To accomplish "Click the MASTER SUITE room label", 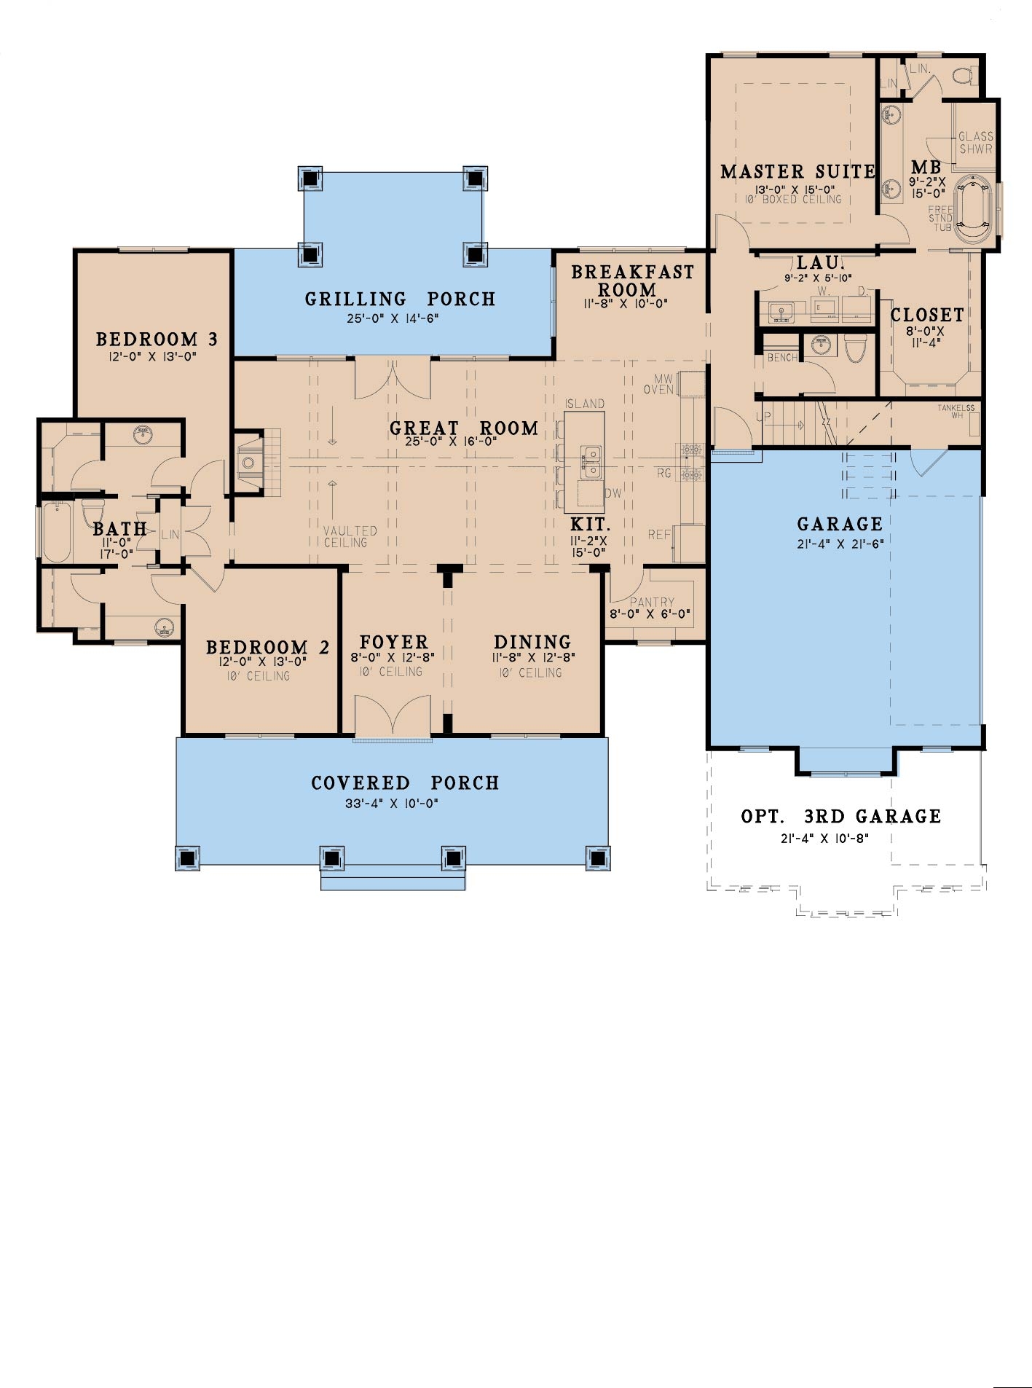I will click(x=797, y=172).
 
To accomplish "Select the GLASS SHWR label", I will click(x=975, y=142).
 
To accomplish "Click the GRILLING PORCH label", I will click(x=400, y=299).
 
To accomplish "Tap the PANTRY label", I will click(x=652, y=602).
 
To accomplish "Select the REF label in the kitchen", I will click(x=659, y=535).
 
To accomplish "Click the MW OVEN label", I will click(x=659, y=384).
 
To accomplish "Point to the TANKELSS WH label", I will click(x=956, y=411).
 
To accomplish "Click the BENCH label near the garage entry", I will click(x=782, y=358).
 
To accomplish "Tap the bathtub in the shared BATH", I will click(x=56, y=530).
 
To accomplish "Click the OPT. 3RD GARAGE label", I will click(x=840, y=816).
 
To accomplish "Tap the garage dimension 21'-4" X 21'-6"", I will click(x=840, y=543).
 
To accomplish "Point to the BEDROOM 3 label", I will click(x=157, y=339).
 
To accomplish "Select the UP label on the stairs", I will click(x=763, y=417).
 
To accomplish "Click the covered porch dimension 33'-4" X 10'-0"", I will click(x=391, y=804).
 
